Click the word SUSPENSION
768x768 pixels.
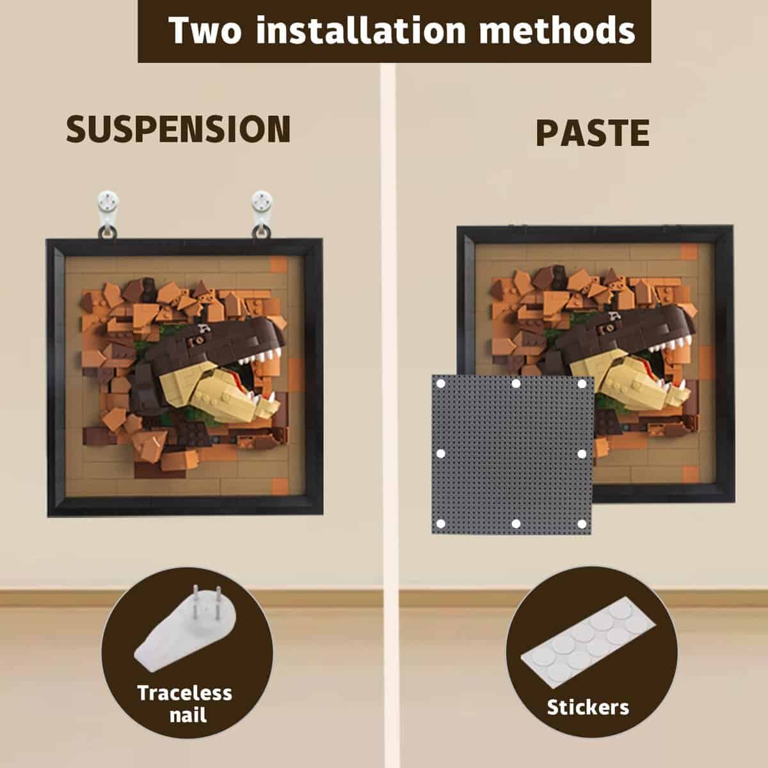click(178, 129)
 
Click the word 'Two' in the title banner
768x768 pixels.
click(205, 30)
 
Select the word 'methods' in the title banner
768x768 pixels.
click(557, 30)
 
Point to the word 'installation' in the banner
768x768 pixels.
click(360, 30)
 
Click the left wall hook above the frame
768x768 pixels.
click(108, 214)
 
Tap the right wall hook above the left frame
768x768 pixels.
click(262, 214)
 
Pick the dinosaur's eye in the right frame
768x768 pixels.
click(609, 328)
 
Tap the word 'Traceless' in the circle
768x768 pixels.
click(184, 693)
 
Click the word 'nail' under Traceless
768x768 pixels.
click(188, 715)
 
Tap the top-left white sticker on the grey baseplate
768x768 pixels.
click(441, 384)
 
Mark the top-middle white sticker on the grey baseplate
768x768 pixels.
click(516, 384)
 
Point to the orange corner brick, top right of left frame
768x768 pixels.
click(278, 264)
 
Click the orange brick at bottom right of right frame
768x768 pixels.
click(691, 474)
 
